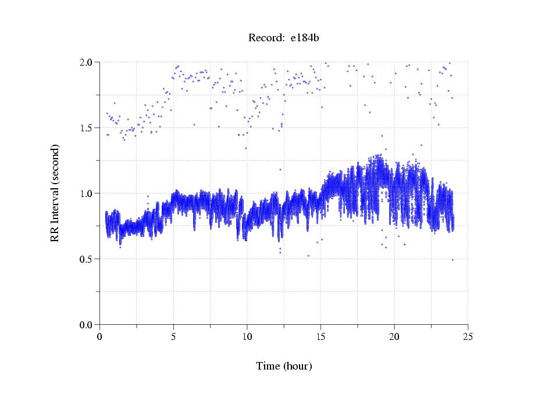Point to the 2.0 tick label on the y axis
point(88,62)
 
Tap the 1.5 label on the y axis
point(88,128)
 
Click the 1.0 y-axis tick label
point(88,193)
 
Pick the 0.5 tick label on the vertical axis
point(88,259)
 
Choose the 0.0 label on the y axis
point(88,325)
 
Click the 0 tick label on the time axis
point(100,336)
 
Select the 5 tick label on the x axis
point(173,336)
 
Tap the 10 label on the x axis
point(247,336)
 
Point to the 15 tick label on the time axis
point(321,336)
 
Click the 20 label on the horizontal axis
point(394,336)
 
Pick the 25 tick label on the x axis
point(468,336)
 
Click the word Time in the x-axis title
point(268,366)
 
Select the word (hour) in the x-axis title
point(297,366)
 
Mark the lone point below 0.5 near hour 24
point(453,260)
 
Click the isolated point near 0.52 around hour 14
point(308,256)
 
